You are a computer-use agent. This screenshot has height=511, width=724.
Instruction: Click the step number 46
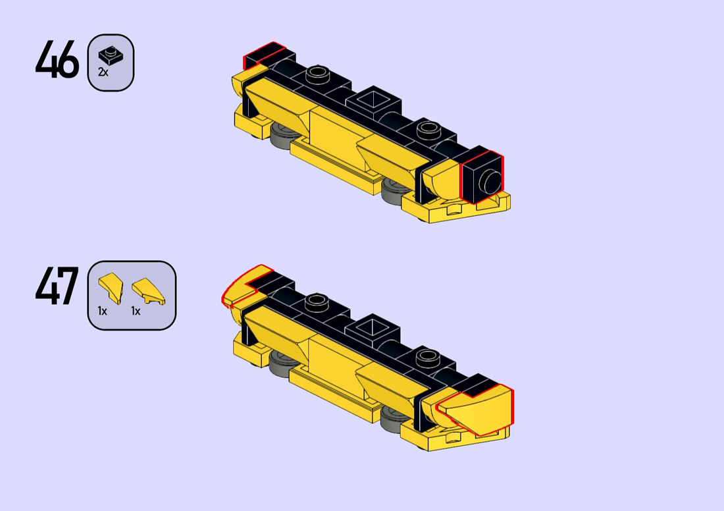[x=57, y=59]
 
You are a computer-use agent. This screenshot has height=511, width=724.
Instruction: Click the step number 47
[x=57, y=286]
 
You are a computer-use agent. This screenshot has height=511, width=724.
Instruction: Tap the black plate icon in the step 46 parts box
[x=111, y=57]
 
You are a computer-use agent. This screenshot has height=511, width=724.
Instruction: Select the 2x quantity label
[x=103, y=72]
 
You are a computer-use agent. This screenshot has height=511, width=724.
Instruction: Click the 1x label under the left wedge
[x=103, y=311]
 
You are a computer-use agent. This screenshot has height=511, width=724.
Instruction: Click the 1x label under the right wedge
[x=136, y=311]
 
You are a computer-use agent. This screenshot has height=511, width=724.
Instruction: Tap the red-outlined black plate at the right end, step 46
[x=482, y=177]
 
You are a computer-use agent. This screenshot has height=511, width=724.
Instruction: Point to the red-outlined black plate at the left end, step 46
[x=265, y=55]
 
